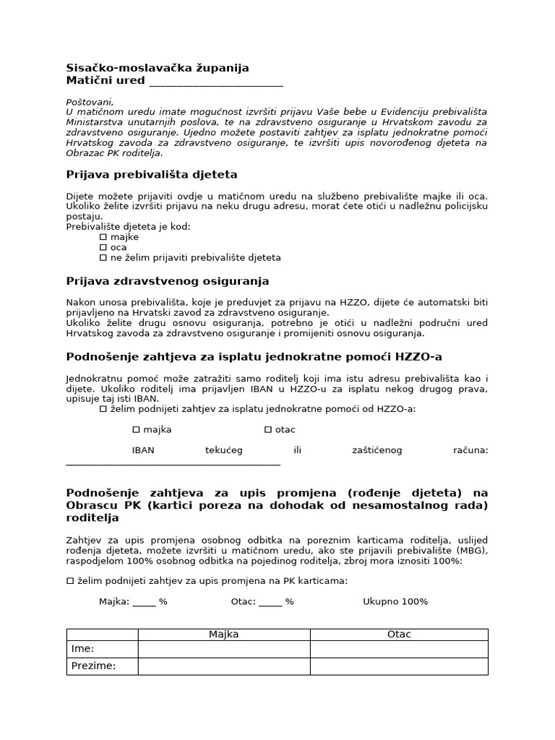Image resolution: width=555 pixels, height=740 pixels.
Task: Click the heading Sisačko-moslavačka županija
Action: (x=158, y=68)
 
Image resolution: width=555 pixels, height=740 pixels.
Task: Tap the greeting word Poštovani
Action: (x=90, y=102)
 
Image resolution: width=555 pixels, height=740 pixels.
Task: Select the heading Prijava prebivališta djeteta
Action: (x=152, y=175)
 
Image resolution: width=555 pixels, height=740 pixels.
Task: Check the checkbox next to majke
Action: (x=103, y=237)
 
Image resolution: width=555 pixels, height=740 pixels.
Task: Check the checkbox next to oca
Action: (x=103, y=247)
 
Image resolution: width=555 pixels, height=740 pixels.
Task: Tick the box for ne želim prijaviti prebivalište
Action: (x=103, y=258)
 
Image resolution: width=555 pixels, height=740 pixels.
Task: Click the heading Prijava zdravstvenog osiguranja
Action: (x=168, y=280)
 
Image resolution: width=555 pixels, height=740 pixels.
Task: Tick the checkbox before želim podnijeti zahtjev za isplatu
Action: (x=103, y=409)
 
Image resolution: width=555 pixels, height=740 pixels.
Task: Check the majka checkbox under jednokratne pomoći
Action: (x=136, y=429)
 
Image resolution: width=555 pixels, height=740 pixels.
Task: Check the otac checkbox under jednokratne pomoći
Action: (x=268, y=429)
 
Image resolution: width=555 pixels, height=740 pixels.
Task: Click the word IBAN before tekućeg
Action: (x=143, y=450)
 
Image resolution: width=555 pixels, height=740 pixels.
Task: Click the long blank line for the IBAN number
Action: (x=173, y=464)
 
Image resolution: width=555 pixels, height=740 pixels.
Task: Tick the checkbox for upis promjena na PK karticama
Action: (x=70, y=580)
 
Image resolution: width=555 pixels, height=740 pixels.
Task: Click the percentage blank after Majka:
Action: (x=144, y=603)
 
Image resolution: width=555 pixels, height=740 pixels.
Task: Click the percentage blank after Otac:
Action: (x=270, y=603)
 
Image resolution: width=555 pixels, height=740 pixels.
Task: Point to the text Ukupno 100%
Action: (x=395, y=601)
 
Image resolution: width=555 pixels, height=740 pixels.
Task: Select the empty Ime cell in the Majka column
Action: (x=224, y=649)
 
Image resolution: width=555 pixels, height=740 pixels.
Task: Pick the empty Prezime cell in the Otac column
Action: (x=399, y=666)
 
